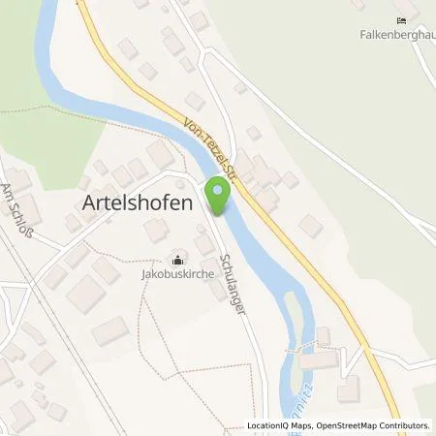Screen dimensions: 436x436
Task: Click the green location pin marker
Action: [x=221, y=198]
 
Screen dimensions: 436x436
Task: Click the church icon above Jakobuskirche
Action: [x=177, y=260]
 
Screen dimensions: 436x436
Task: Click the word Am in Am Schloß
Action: [x=11, y=186]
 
